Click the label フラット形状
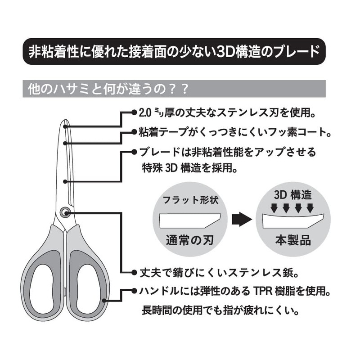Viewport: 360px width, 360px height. coord(190,200)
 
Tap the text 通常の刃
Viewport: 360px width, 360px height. coord(189,239)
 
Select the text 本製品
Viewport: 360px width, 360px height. coord(293,239)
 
